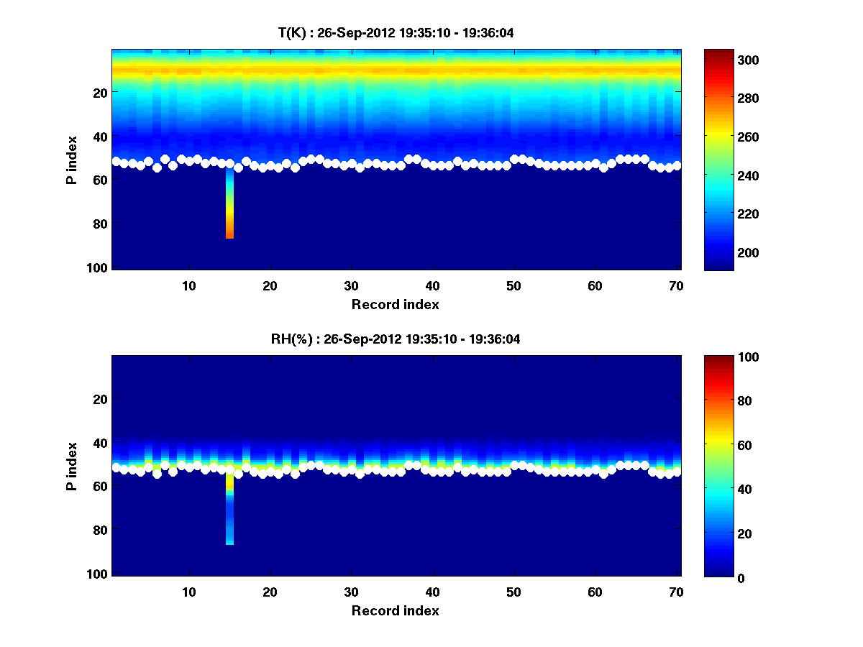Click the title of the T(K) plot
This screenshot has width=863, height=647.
tap(396, 32)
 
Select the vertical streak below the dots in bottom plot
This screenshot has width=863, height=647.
tap(229, 510)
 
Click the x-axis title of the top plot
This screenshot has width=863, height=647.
tap(395, 304)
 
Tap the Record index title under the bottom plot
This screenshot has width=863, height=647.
tap(395, 610)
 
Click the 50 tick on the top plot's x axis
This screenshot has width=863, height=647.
tap(513, 285)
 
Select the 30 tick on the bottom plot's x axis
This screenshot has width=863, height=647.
tap(351, 592)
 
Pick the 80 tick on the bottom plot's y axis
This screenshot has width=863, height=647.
tap(100, 530)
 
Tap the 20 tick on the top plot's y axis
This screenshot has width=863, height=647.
tap(100, 92)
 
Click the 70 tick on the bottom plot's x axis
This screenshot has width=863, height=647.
tap(676, 592)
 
